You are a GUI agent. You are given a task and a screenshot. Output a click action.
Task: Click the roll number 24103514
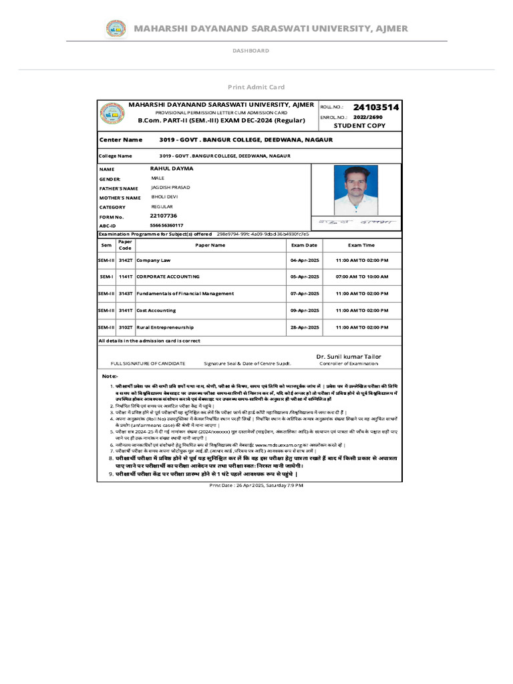(376, 107)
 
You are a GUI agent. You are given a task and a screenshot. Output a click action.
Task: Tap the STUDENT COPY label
(359, 126)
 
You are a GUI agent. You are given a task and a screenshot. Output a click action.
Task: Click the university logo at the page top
(116, 29)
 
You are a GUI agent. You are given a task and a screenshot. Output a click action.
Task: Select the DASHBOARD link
(250, 51)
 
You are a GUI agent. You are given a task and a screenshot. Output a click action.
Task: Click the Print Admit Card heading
(256, 87)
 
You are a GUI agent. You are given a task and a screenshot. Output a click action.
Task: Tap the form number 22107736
(164, 216)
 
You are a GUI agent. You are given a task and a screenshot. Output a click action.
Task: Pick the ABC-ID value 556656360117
(167, 226)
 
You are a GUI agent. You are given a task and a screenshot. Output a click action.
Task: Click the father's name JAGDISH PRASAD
(170, 188)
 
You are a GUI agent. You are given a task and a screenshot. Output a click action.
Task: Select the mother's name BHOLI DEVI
(164, 197)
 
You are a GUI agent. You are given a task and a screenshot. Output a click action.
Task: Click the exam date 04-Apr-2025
(304, 259)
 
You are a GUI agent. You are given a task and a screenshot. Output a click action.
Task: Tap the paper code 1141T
(126, 276)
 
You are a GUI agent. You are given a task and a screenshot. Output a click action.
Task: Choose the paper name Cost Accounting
(156, 311)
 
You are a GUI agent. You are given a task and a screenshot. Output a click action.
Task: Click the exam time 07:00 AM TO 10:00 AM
(361, 276)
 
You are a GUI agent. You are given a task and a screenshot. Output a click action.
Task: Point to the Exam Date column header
(304, 245)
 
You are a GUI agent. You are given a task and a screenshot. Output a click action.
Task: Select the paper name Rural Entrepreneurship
(165, 327)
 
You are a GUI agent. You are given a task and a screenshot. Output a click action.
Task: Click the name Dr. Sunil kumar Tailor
(349, 357)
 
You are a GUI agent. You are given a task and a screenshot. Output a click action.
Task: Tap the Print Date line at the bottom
(256, 485)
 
